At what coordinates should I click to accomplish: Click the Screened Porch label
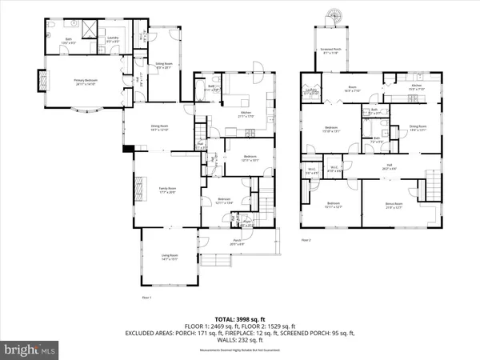pos(330,50)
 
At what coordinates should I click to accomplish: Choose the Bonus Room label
pos(393,205)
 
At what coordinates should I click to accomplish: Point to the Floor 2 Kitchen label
pos(416,86)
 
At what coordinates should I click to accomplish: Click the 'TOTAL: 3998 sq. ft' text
pos(240,318)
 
